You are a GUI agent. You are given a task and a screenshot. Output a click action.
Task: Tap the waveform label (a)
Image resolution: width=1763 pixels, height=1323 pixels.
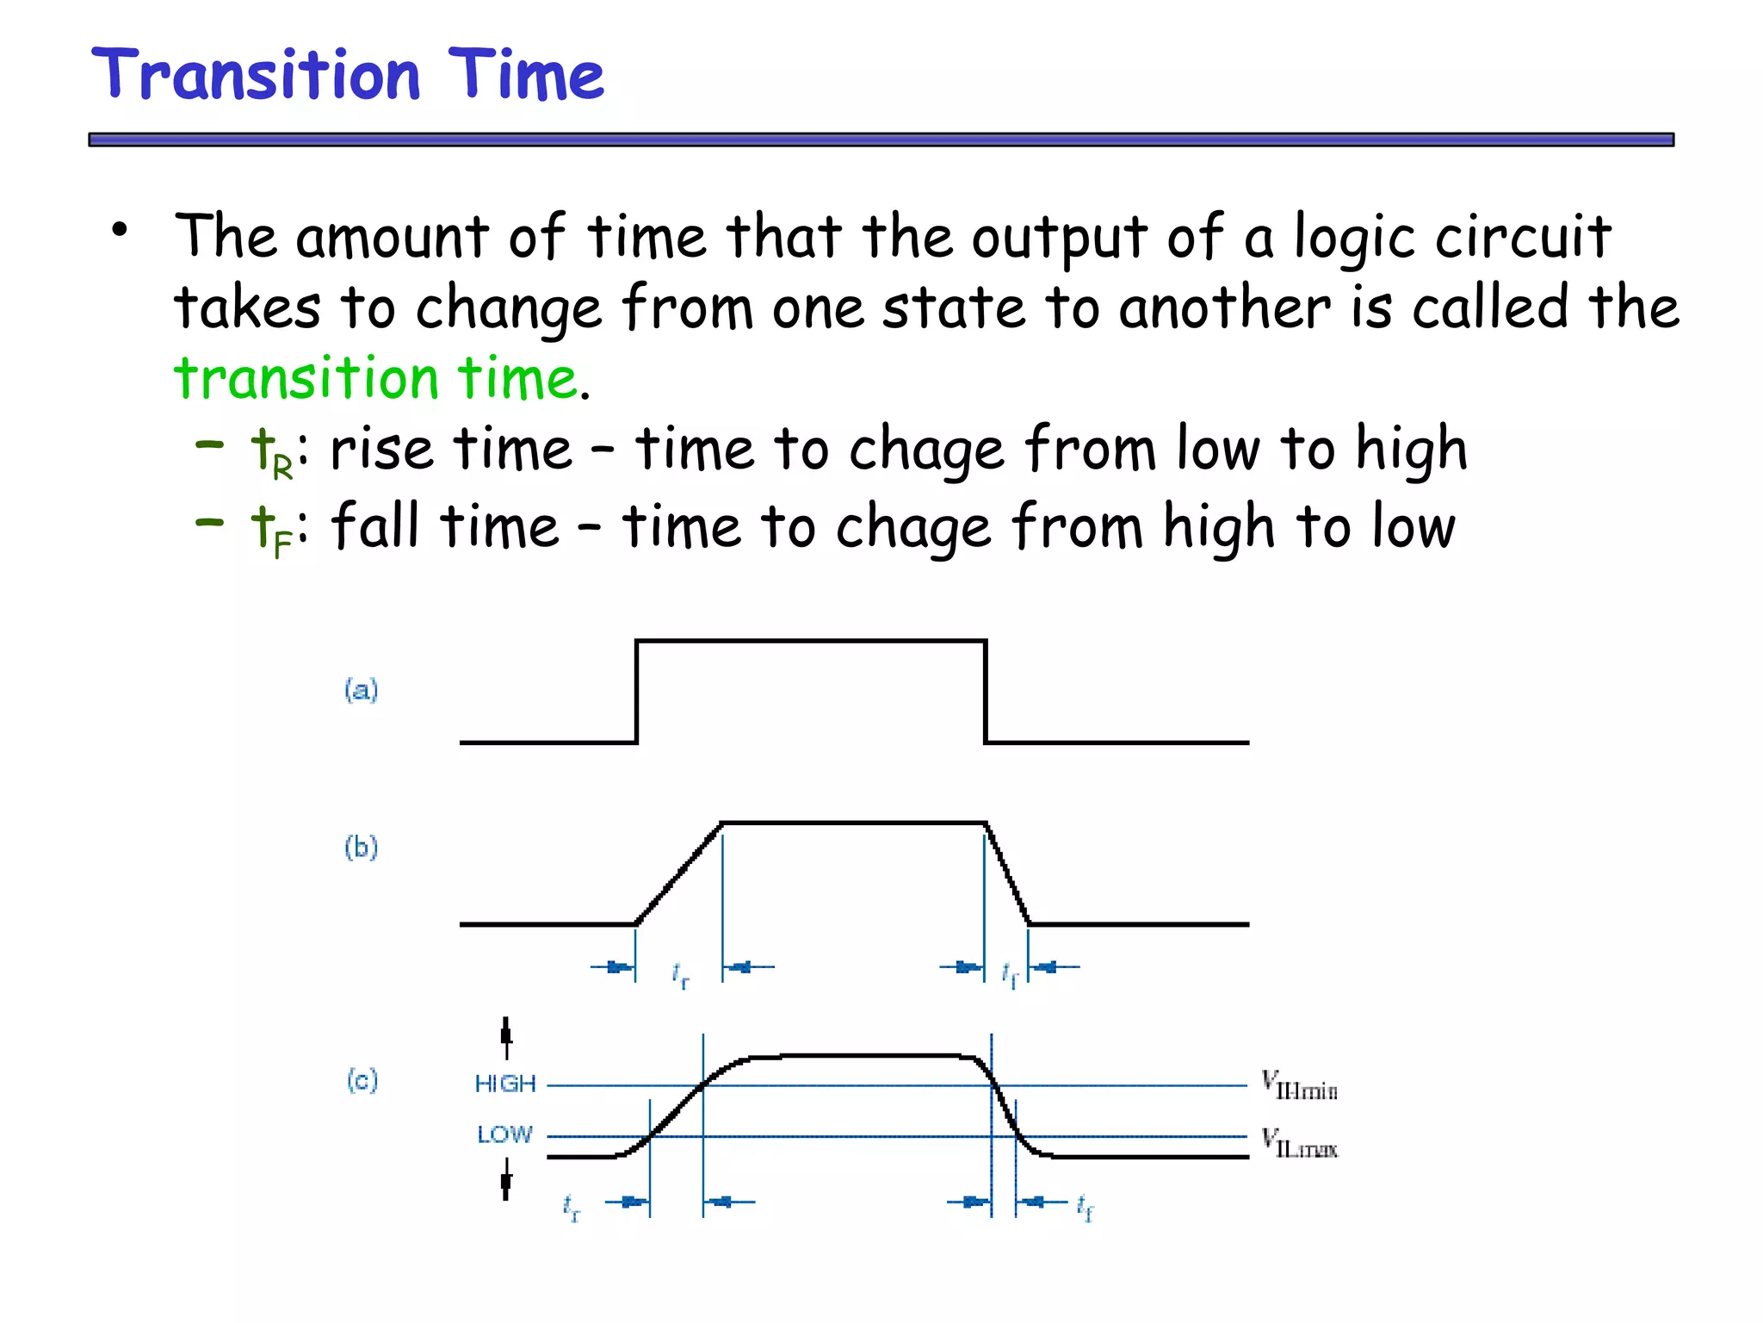(362, 690)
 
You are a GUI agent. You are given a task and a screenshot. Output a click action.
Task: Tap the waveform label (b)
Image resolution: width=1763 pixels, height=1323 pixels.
(362, 848)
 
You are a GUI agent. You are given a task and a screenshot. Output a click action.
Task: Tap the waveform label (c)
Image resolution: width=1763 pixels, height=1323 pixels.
(362, 1080)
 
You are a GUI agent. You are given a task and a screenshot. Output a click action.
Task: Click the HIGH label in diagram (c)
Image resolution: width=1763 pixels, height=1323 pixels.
(505, 1084)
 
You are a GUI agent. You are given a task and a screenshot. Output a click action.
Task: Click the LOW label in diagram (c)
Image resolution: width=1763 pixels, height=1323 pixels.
(505, 1134)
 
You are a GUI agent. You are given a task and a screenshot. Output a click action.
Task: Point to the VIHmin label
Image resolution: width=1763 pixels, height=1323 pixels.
(1299, 1085)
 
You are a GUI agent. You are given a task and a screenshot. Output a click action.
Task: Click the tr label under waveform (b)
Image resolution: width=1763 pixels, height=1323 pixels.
(680, 975)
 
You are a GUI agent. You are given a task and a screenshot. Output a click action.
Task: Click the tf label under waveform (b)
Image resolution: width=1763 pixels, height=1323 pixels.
(1010, 975)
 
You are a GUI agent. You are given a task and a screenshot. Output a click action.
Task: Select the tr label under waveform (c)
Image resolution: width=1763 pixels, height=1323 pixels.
(572, 1208)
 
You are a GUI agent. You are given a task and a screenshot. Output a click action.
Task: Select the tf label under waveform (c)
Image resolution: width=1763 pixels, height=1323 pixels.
(1085, 1208)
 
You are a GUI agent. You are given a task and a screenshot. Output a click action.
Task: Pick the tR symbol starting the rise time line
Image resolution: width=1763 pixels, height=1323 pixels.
(270, 453)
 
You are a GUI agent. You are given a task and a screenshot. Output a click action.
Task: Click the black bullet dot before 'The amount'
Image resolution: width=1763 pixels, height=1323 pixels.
(120, 230)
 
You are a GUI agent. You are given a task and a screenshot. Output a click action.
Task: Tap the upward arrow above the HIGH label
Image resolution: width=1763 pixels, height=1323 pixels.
(506, 1036)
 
